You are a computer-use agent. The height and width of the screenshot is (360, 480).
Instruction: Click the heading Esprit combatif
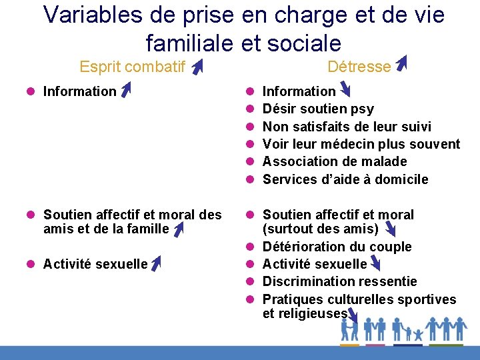pyautogui.click(x=132, y=66)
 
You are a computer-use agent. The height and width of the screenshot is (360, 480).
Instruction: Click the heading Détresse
pyautogui.click(x=359, y=66)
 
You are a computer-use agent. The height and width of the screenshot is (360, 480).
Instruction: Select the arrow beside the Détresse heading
pyautogui.click(x=401, y=63)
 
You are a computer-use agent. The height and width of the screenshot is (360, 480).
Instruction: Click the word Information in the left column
pyautogui.click(x=79, y=91)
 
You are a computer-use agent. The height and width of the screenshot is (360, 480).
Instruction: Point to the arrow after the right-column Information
pyautogui.click(x=345, y=89)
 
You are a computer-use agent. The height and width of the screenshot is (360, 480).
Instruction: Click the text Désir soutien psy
pyautogui.click(x=318, y=109)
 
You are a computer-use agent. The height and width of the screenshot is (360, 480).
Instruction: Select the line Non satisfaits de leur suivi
pyautogui.click(x=347, y=127)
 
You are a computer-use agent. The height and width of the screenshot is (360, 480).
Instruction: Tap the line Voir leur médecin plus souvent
pyautogui.click(x=361, y=144)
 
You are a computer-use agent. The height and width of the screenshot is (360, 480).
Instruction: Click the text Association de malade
pyautogui.click(x=335, y=161)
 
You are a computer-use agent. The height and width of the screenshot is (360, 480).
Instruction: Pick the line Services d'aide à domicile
pyautogui.click(x=345, y=179)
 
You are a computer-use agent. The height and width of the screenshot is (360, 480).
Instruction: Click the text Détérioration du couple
pyautogui.click(x=337, y=247)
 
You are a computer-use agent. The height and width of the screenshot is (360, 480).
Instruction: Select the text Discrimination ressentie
pyautogui.click(x=339, y=281)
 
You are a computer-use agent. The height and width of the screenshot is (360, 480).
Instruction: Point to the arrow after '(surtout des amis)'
pyautogui.click(x=389, y=230)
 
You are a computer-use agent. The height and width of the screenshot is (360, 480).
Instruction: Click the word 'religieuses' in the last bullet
pyautogui.click(x=305, y=313)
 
